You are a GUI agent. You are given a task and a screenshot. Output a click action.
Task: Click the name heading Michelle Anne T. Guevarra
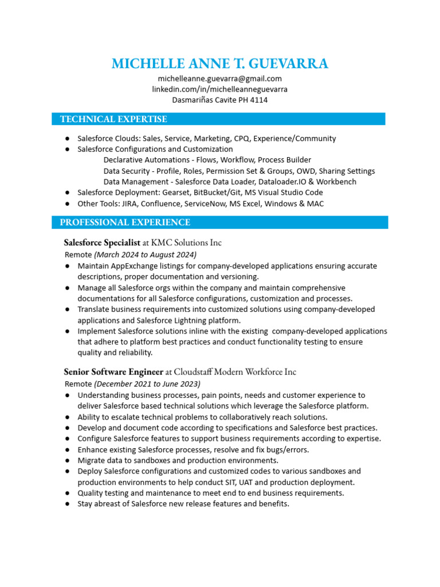220,64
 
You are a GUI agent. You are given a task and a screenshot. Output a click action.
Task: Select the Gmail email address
220,79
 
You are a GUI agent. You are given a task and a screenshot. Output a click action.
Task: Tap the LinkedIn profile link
220,89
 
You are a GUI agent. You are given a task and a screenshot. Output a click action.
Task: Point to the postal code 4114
258,100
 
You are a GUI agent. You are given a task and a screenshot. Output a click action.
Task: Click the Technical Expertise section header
113,119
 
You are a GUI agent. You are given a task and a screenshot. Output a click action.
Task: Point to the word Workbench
337,182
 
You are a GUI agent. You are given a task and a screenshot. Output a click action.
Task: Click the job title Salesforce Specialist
102,242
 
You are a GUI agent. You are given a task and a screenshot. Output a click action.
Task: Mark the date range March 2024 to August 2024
145,254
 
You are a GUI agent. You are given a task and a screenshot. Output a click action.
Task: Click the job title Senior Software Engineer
113,372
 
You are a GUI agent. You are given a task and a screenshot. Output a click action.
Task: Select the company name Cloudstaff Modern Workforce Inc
235,372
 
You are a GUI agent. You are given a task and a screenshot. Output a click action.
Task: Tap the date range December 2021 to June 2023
147,383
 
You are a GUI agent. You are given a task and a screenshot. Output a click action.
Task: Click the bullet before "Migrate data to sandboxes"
68,460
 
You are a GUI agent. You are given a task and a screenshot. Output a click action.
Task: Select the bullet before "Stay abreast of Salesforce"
68,504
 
